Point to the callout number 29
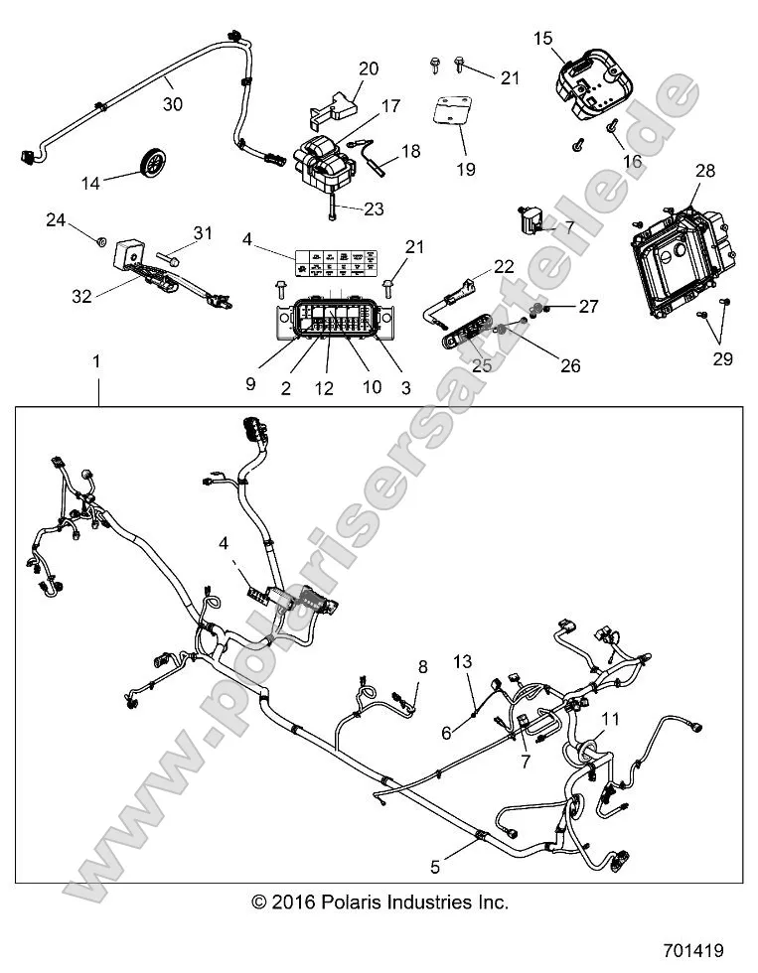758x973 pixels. tap(722, 358)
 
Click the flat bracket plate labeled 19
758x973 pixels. tap(454, 116)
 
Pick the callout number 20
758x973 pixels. tap(369, 69)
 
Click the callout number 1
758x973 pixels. tap(96, 363)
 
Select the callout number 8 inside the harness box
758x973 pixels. tap(422, 668)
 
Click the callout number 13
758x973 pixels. tap(462, 661)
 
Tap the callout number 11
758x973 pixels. tap(610, 717)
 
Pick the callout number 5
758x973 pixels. tap(434, 866)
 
